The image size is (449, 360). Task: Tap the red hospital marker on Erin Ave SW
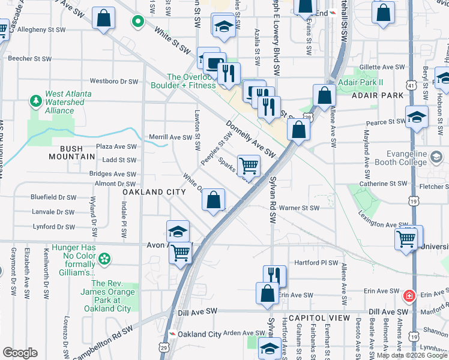(x=409, y=295)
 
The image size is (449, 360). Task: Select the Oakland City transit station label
(x=199, y=334)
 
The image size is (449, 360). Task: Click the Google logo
(x=20, y=353)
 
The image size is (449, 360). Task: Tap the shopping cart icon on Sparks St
(x=249, y=166)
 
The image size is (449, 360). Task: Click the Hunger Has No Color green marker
(x=105, y=259)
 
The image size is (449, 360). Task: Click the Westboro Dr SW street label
(x=114, y=81)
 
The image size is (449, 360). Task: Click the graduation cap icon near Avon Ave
(x=178, y=232)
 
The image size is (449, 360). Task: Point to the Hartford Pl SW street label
(x=317, y=263)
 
